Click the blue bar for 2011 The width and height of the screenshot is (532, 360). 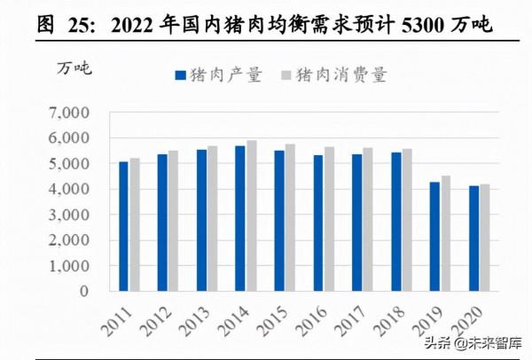tap(123, 226)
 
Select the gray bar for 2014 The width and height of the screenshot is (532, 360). tap(252, 215)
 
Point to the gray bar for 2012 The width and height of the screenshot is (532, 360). tap(174, 221)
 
